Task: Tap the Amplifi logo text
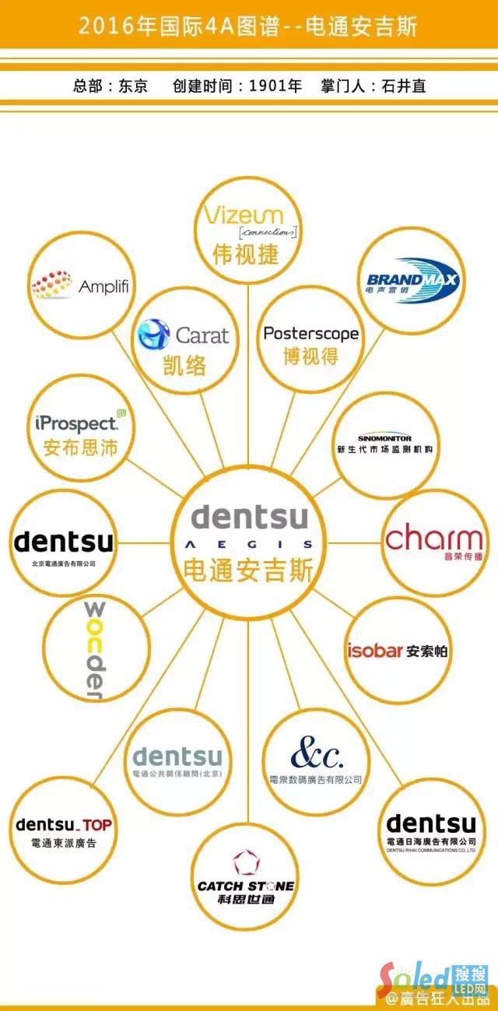(x=103, y=286)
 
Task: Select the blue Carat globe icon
(x=153, y=334)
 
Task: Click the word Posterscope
(x=310, y=334)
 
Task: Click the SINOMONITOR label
(x=384, y=438)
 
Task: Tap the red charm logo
(x=434, y=539)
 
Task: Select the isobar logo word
(x=374, y=651)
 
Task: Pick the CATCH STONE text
(x=246, y=886)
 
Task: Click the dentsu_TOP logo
(x=64, y=824)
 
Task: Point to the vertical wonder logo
(x=94, y=650)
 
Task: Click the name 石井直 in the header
(x=404, y=86)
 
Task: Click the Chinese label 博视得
(x=310, y=357)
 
